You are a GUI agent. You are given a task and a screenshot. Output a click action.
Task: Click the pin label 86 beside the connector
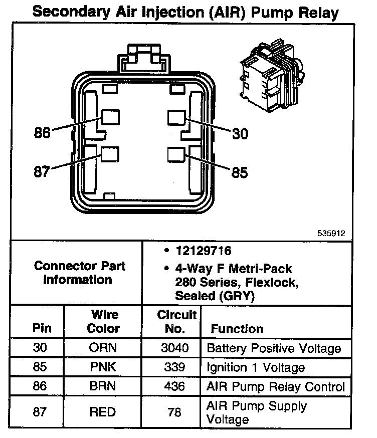(x=43, y=133)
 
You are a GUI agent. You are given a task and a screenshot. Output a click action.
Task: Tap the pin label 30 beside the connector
(x=240, y=134)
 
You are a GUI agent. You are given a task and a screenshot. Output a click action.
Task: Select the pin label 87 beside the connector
(x=42, y=172)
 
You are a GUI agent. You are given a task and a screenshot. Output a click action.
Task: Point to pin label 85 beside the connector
(x=240, y=172)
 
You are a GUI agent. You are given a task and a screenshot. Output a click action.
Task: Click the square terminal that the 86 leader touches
(x=111, y=118)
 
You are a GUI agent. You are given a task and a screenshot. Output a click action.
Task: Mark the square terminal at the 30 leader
(x=177, y=118)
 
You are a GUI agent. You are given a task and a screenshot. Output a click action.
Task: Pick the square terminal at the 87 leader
(x=110, y=155)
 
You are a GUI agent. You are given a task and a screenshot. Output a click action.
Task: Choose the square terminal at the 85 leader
(x=177, y=155)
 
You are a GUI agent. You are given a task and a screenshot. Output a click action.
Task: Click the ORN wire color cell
(x=103, y=348)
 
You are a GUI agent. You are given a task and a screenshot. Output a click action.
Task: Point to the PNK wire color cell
(x=103, y=367)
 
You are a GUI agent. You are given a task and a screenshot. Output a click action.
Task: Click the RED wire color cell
(x=103, y=412)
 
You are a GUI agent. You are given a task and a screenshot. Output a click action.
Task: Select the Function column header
(x=237, y=329)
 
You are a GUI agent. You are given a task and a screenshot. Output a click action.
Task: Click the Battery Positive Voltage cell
(x=274, y=348)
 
